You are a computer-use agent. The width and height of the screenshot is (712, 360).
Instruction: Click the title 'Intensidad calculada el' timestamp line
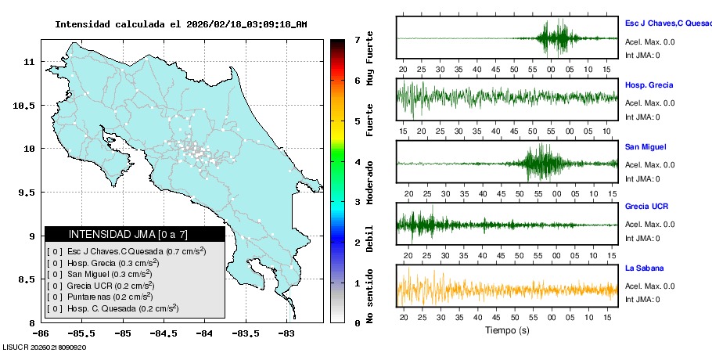[x=181, y=24]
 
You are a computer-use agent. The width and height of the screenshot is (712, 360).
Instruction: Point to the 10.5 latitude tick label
[x=27, y=105]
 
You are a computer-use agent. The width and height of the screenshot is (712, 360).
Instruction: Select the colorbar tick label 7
[x=357, y=39]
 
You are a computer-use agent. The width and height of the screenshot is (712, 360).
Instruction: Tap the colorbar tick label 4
[x=357, y=161]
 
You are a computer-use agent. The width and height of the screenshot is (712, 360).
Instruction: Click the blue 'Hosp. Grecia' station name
[x=649, y=85]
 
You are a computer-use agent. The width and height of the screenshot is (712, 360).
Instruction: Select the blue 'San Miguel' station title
[x=645, y=146]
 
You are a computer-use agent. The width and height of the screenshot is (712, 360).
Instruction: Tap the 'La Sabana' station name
[x=644, y=268]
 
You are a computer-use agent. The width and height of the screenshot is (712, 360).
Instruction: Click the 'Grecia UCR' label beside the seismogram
[x=646, y=207]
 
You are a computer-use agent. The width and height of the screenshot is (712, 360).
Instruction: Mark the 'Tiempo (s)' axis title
[x=506, y=330]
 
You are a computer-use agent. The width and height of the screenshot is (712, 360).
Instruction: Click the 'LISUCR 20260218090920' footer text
[x=45, y=347]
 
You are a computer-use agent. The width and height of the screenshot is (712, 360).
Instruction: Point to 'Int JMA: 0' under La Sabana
[x=643, y=300]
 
